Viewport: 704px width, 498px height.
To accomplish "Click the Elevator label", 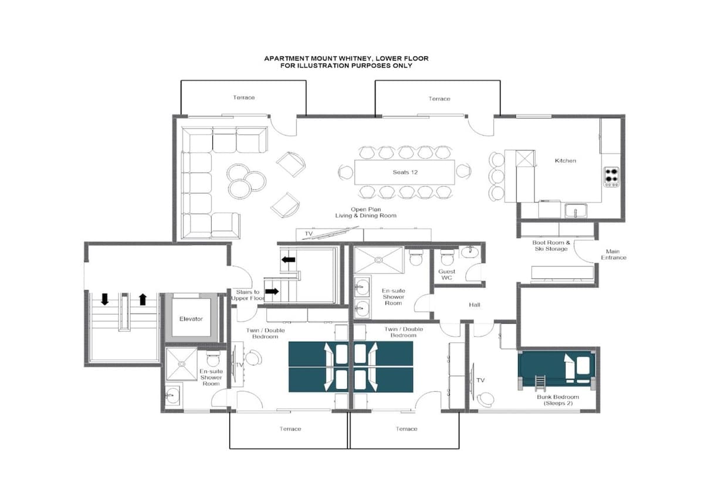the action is pos(191,319).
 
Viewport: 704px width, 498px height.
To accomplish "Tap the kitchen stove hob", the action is pos(611,177).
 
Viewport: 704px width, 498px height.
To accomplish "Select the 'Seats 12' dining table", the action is pos(404,172).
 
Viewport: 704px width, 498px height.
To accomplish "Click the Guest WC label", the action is pos(446,274).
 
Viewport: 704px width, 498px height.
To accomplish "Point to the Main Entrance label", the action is pos(614,254).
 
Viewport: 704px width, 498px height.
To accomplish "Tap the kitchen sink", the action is pos(576,211).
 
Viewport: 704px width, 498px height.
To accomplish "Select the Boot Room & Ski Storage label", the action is pos(551,245).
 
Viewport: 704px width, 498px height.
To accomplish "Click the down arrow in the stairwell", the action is pos(104,299).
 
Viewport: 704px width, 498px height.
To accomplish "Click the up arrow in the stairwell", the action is pos(143,299).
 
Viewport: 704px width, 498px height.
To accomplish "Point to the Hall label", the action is pos(474,305).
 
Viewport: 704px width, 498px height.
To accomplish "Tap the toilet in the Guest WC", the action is pos(446,258).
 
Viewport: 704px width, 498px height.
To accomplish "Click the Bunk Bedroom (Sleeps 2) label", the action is pos(558,400).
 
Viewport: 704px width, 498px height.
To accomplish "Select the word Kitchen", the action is pos(566,160).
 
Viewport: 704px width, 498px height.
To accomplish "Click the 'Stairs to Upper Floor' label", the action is pos(248,295).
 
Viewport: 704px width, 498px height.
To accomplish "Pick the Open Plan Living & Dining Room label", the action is pos(366,213).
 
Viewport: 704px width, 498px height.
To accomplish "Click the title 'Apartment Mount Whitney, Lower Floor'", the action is pos(346,59).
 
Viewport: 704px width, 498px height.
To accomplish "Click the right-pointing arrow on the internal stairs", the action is pos(272,291).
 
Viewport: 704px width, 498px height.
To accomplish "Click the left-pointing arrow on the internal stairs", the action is pos(288,260).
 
